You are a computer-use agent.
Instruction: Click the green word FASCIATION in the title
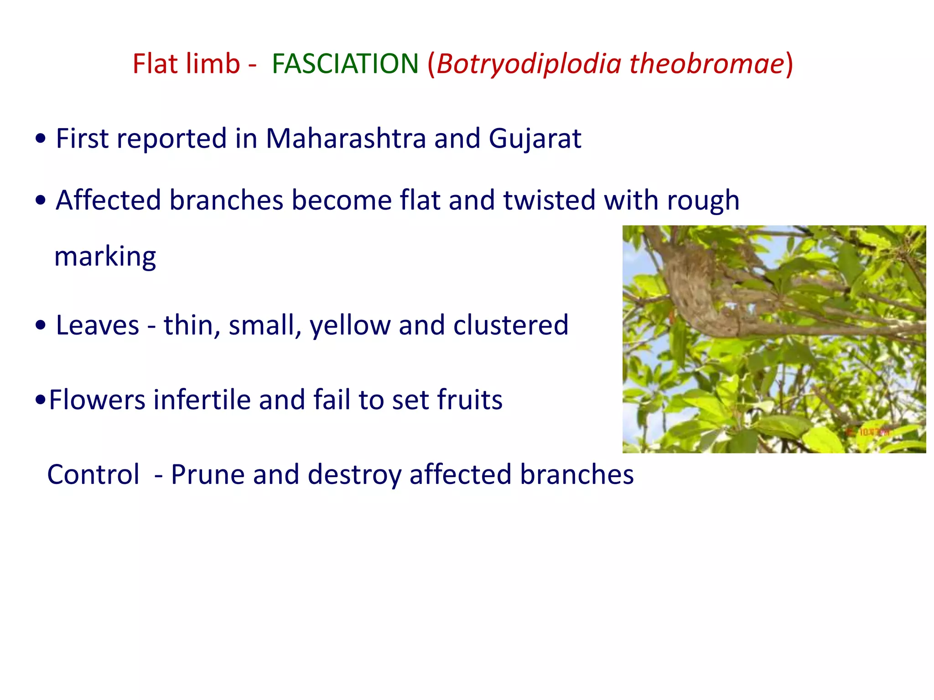coord(345,64)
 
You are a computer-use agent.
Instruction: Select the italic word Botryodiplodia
coord(529,64)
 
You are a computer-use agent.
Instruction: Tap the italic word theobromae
coord(707,64)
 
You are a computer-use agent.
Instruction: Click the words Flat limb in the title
coord(186,64)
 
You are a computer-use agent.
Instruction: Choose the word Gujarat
coord(535,139)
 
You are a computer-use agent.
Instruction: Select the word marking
coord(105,257)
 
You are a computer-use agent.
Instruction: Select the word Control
coord(93,475)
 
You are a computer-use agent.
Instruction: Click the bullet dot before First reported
coord(41,139)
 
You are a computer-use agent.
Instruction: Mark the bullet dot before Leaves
coord(41,326)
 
